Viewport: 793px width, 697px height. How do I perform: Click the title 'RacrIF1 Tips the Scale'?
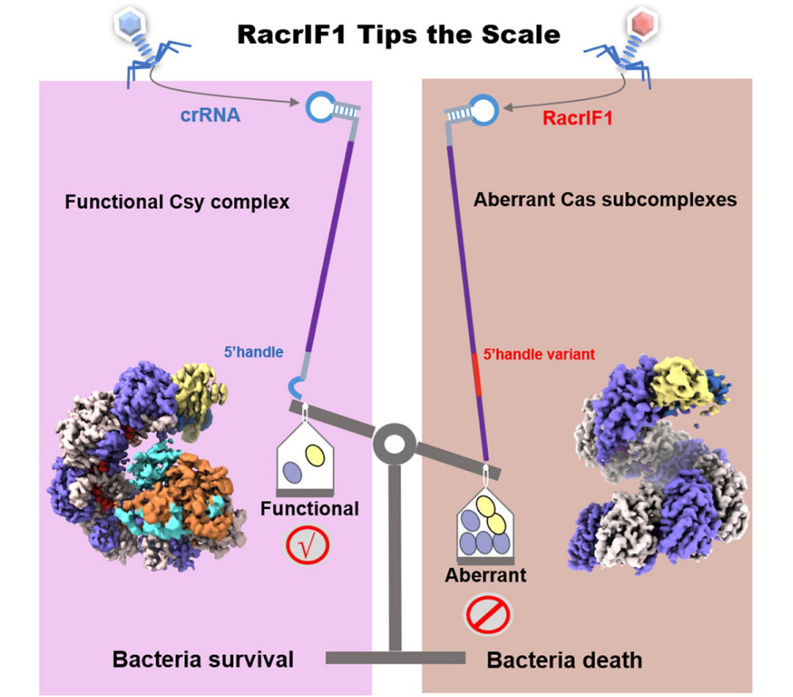396,34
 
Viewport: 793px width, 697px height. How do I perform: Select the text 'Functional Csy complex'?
177,202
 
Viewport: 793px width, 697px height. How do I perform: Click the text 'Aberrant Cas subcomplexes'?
605,200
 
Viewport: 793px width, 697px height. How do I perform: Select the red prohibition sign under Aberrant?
488,613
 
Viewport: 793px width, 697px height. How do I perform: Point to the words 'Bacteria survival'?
203,659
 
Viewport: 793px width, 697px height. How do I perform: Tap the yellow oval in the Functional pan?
314,455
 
